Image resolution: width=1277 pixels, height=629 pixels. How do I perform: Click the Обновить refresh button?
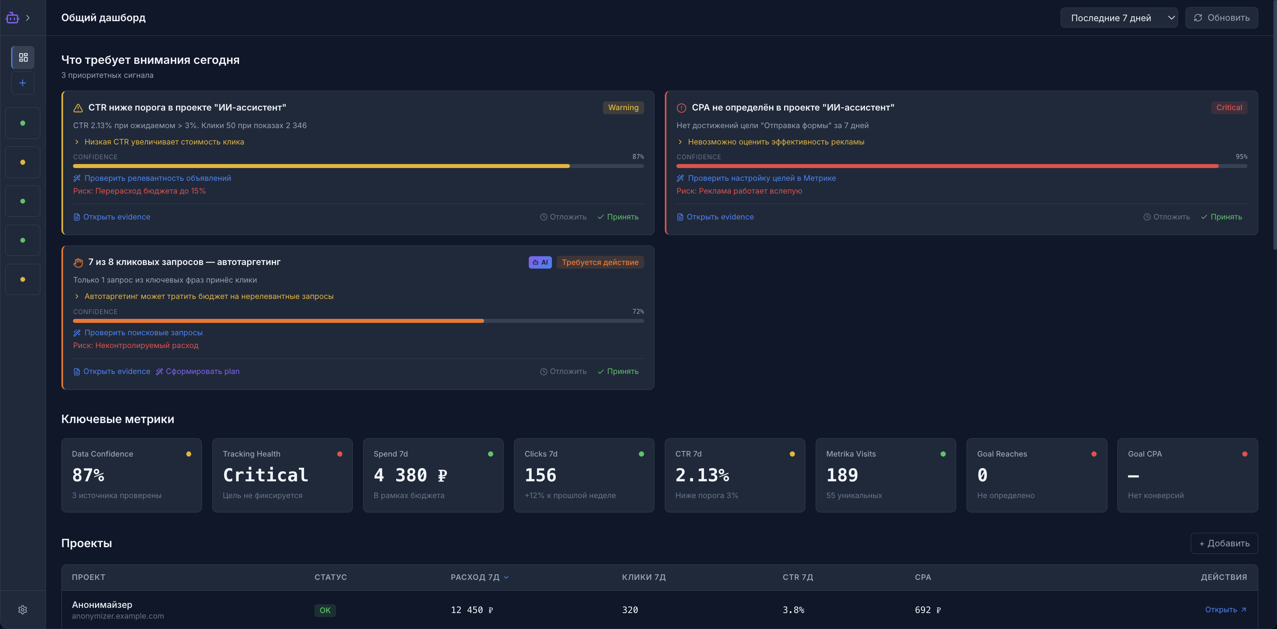(1222, 18)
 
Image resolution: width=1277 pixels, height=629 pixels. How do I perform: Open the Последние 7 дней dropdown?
(1119, 18)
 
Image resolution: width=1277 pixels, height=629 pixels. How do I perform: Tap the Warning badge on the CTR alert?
(623, 107)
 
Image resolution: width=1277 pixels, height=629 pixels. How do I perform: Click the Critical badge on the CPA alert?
(1229, 107)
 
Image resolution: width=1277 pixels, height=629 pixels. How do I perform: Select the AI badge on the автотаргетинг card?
(540, 262)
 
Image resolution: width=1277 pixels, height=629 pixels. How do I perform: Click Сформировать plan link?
(198, 371)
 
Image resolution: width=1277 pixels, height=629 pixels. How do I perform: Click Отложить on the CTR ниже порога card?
(563, 217)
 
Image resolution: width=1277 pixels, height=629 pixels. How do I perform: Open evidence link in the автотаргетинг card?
(112, 371)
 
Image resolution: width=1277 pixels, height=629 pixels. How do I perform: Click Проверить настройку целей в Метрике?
(757, 178)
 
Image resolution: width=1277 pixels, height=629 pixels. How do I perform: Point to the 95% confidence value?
(1241, 156)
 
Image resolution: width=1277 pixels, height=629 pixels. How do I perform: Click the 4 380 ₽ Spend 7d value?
(411, 475)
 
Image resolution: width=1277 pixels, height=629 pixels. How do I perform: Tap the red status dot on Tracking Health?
(340, 454)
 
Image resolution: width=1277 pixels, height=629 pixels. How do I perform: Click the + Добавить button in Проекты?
(1224, 543)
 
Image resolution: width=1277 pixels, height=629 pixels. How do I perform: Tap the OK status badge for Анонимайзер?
(325, 610)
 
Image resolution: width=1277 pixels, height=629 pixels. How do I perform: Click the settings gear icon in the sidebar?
(23, 610)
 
